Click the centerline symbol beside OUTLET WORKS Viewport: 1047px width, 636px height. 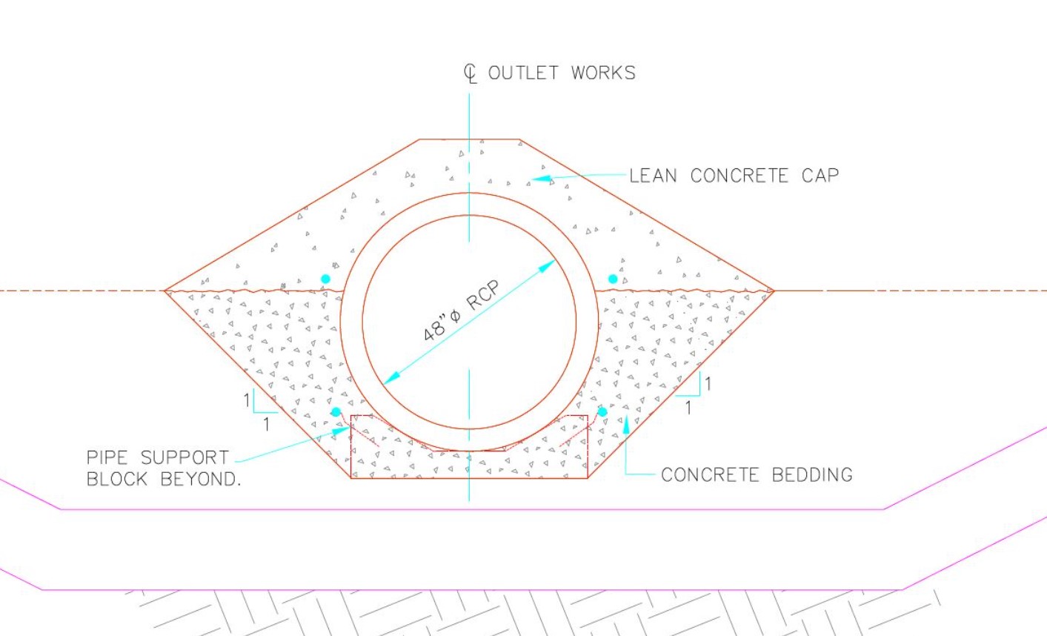[471, 74]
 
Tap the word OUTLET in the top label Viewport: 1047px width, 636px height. [523, 73]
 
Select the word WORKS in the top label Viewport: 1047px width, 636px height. [603, 73]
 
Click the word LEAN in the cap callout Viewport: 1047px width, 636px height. [653, 176]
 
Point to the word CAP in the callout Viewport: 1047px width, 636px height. [820, 176]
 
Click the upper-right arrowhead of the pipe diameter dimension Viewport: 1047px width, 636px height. [546, 266]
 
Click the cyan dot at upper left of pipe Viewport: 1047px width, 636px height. [326, 279]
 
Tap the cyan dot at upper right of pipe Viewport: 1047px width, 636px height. [613, 279]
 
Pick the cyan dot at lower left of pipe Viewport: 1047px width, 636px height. [336, 412]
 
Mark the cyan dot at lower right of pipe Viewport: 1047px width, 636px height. [602, 412]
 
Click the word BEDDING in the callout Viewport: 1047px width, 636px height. [812, 475]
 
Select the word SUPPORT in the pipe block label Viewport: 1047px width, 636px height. [185, 458]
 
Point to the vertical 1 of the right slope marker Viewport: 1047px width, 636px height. [708, 384]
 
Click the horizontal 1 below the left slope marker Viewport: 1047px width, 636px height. [267, 425]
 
